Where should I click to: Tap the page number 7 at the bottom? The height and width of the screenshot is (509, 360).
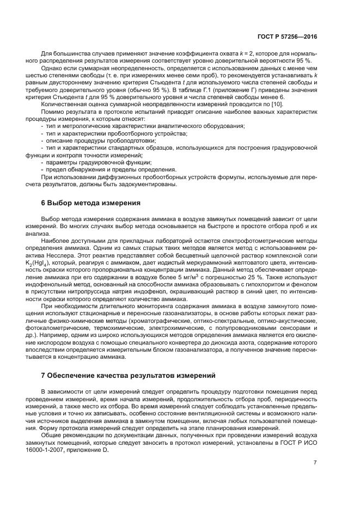315,463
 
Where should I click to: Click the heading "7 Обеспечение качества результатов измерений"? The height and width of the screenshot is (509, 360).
124,375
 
